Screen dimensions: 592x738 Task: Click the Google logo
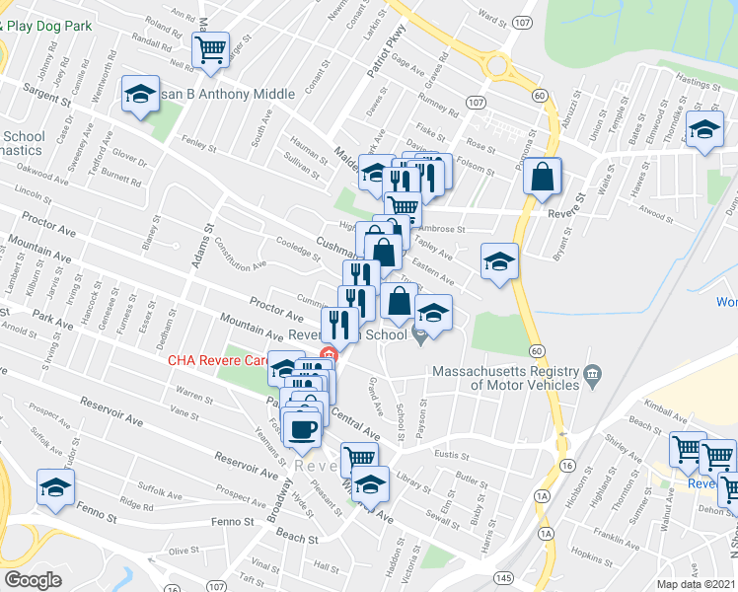point(33,580)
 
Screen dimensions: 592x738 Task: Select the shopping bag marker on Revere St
point(542,178)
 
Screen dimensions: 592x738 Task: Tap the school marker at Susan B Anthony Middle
point(140,96)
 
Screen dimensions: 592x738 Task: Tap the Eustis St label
point(450,454)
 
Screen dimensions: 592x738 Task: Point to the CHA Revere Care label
point(216,360)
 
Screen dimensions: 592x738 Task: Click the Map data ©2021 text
point(695,584)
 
